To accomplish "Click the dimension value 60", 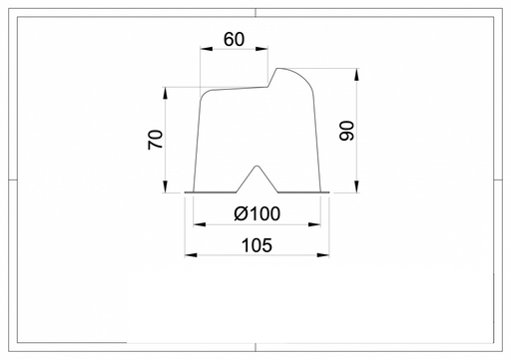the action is click(234, 39).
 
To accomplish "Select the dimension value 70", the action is click(156, 140).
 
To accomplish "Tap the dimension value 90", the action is click(347, 131).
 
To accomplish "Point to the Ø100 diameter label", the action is click(256, 213).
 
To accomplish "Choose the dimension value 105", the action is click(256, 245).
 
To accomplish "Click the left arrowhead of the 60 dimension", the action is click(207, 49).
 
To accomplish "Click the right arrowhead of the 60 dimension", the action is click(261, 49).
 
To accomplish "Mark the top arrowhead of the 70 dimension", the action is click(166, 94).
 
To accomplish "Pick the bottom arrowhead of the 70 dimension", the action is click(166, 186).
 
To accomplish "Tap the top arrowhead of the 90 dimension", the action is click(356, 75).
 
